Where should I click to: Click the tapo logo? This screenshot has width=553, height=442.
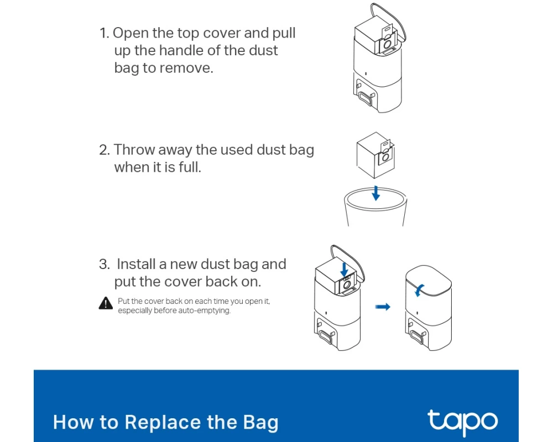(x=462, y=422)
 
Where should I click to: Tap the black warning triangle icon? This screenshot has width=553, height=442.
(x=106, y=303)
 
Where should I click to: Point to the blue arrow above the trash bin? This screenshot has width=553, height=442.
(x=376, y=193)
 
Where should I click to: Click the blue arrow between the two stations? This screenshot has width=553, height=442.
(x=383, y=307)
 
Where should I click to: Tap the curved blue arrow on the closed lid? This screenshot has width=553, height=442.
(x=419, y=291)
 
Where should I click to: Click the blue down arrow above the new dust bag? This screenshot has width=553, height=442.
(x=344, y=270)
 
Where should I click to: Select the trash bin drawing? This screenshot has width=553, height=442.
(x=375, y=207)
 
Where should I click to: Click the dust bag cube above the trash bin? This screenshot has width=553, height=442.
(x=375, y=155)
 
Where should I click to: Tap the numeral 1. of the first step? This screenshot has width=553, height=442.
(x=105, y=33)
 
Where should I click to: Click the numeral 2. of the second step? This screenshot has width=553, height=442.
(x=105, y=150)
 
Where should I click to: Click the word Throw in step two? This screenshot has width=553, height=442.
(x=134, y=150)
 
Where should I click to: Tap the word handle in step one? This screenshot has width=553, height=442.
(x=181, y=50)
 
